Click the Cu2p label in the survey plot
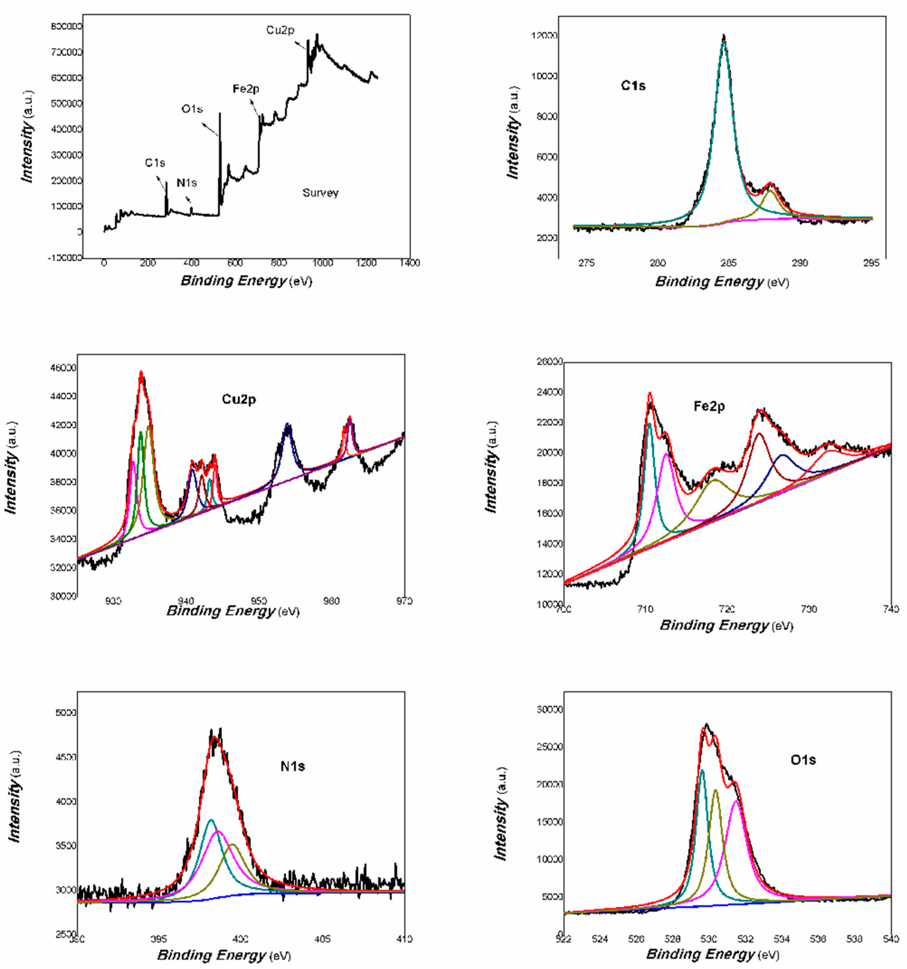(x=280, y=30)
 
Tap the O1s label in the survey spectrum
(x=192, y=109)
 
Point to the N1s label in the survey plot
(x=186, y=183)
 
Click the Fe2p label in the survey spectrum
(x=246, y=89)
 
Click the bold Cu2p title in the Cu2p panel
(x=239, y=399)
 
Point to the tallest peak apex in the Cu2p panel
(x=141, y=372)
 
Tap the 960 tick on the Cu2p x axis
(x=331, y=601)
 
